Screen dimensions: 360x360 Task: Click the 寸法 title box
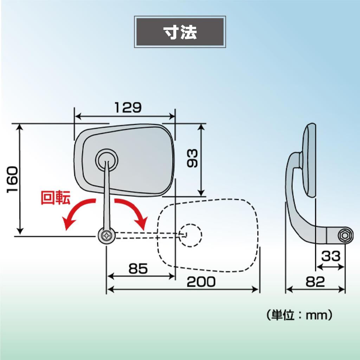(180, 32)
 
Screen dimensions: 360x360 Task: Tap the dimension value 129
(128, 108)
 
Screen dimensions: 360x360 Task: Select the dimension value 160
(12, 180)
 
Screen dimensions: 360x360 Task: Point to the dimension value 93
(192, 158)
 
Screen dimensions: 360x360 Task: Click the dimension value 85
(138, 268)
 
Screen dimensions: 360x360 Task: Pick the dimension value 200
(201, 282)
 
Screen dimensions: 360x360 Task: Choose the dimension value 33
(330, 256)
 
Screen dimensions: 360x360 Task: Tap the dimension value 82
(315, 282)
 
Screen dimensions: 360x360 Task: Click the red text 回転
(55, 197)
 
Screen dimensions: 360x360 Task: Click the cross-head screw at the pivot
(107, 236)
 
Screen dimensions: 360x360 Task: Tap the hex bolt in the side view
(345, 235)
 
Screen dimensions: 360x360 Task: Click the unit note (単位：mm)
(300, 315)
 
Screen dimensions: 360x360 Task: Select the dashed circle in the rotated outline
(190, 235)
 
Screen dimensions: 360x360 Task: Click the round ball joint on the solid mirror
(107, 160)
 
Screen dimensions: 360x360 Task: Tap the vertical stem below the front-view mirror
(107, 195)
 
